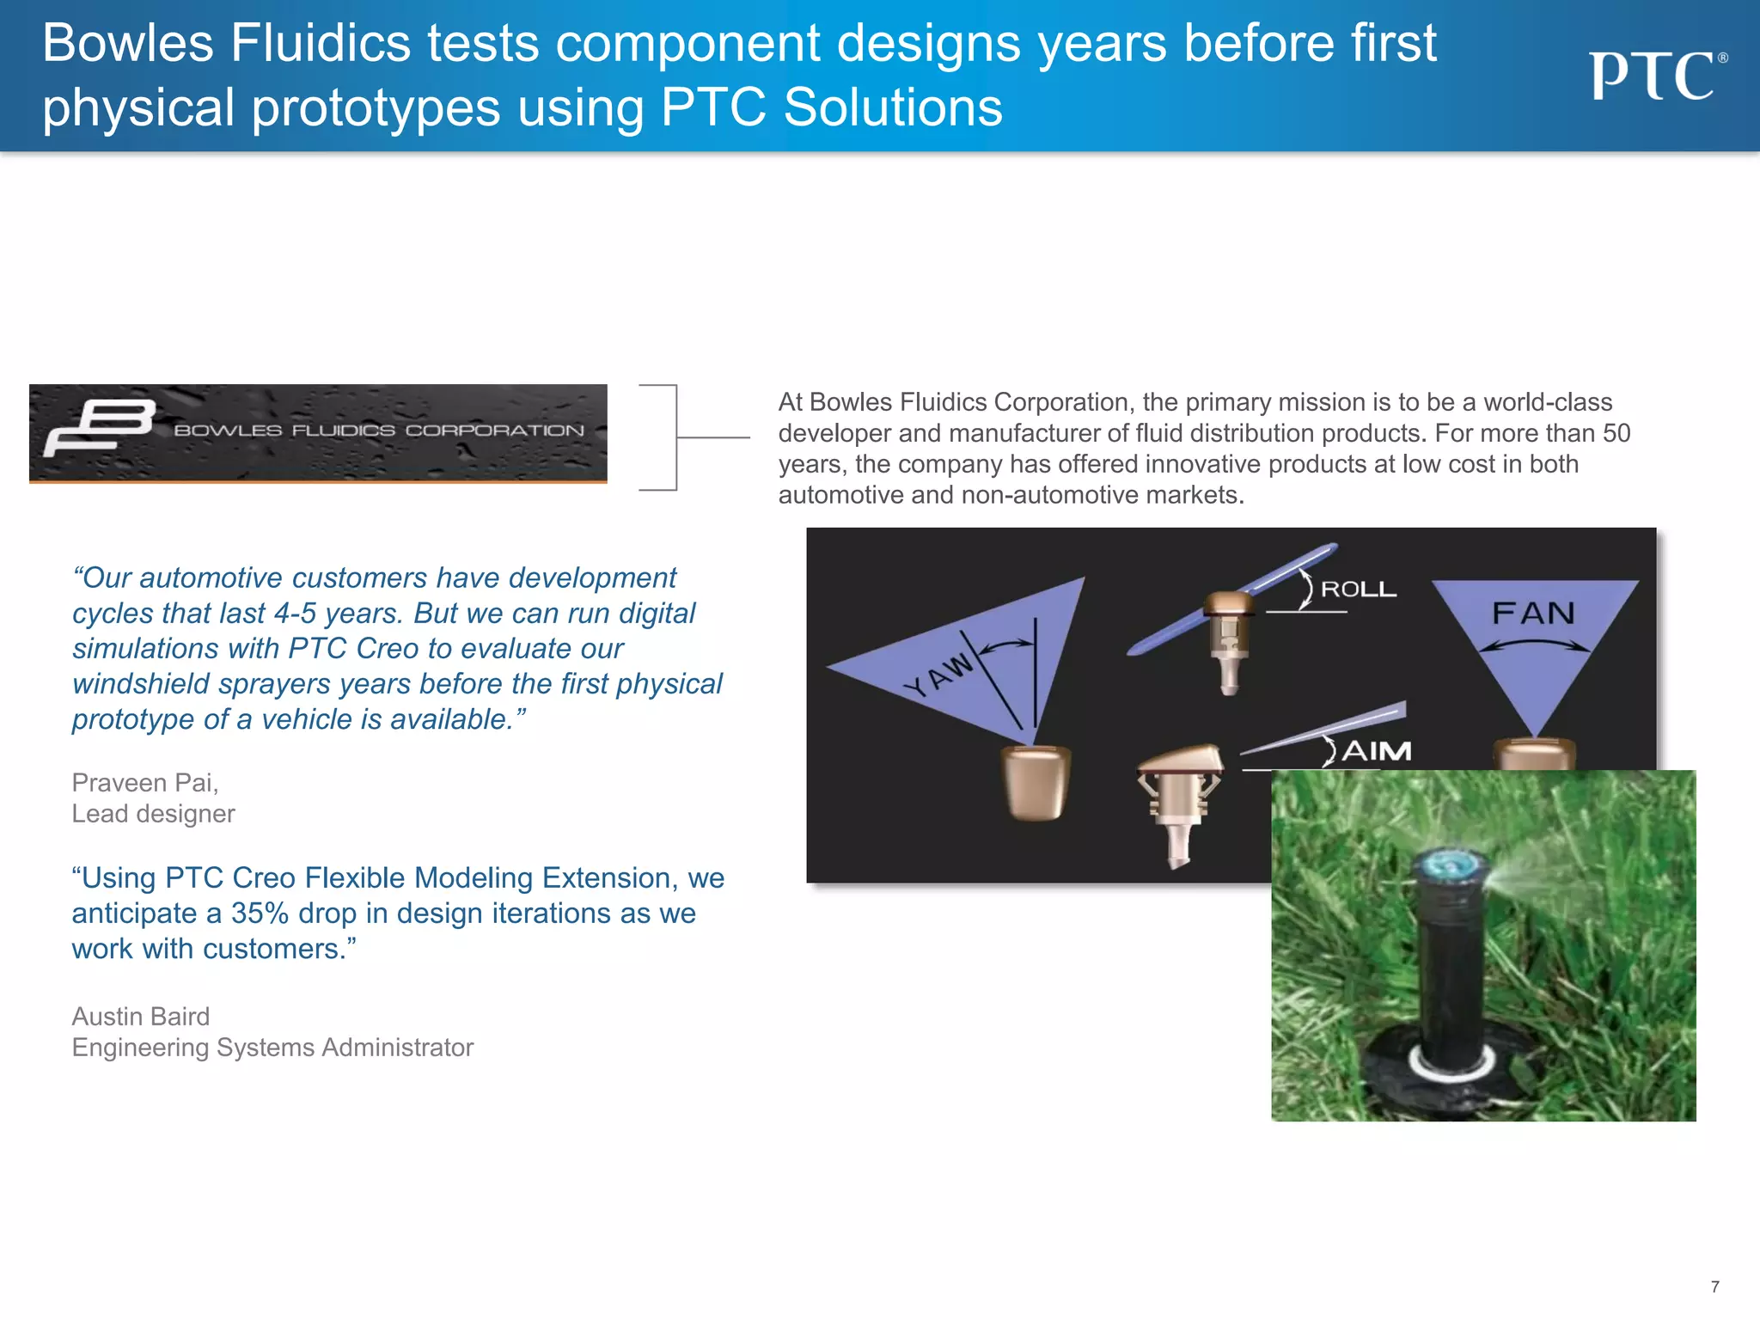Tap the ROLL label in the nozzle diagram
click(x=1358, y=590)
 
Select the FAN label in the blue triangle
click(x=1534, y=614)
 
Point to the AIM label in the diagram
click(x=1376, y=751)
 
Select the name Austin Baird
click(x=140, y=1017)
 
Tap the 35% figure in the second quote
click(x=260, y=914)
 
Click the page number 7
click(x=1714, y=1286)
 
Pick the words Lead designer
click(x=153, y=814)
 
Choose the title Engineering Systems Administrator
click(x=272, y=1048)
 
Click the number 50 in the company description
click(x=1616, y=433)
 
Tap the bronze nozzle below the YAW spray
click(x=1036, y=782)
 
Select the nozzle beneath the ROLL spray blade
click(x=1229, y=640)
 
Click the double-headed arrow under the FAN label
click(x=1534, y=646)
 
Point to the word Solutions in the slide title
click(x=893, y=108)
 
